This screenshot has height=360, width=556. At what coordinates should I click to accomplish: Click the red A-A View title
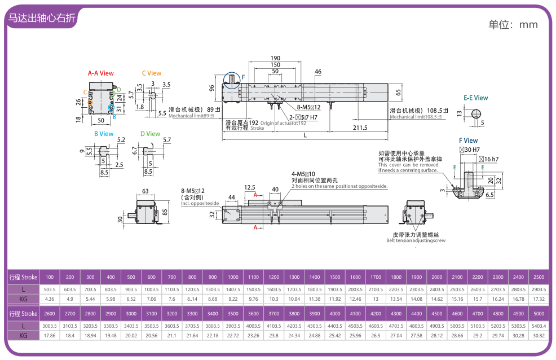point(100,73)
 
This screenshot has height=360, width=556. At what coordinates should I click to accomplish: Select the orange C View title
point(151,73)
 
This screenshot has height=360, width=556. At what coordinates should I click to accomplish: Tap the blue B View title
point(103,134)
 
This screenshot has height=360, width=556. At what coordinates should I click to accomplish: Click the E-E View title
point(475,98)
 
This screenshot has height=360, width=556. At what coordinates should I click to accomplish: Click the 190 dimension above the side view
point(275,58)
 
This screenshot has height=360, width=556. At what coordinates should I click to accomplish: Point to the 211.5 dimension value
point(359,128)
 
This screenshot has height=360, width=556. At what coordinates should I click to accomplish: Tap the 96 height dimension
point(212,88)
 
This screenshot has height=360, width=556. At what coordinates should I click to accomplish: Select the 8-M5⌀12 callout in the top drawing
point(309,107)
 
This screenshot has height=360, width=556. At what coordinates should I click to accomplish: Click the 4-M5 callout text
point(303,174)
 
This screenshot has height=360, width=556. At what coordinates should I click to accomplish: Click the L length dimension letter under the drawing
point(305,135)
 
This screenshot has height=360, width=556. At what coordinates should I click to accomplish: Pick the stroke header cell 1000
point(233,277)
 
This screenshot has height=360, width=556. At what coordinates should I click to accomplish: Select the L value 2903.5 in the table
point(538,289)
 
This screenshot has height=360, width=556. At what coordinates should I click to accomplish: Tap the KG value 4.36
point(50,298)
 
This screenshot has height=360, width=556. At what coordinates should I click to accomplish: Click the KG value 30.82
point(539,335)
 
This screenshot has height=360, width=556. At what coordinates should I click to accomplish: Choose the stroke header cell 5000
point(539,313)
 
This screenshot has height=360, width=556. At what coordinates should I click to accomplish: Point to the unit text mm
point(528,24)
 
